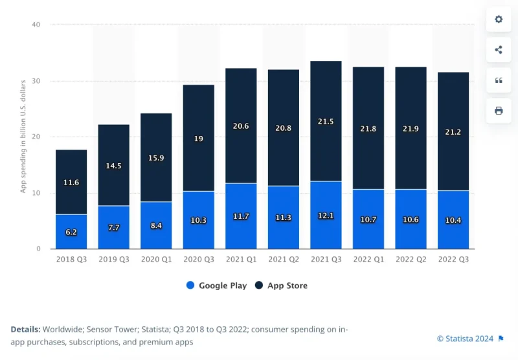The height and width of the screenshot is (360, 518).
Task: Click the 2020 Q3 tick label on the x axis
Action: [x=198, y=259]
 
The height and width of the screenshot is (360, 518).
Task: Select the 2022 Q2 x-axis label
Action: [x=411, y=259]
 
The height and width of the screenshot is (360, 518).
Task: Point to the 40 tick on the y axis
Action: [x=36, y=25]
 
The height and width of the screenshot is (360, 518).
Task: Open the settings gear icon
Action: [x=499, y=19]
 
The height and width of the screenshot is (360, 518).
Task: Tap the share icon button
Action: [x=499, y=50]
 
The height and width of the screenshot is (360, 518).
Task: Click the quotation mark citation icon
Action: [x=499, y=80]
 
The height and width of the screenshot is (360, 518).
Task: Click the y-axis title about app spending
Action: [x=23, y=137]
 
